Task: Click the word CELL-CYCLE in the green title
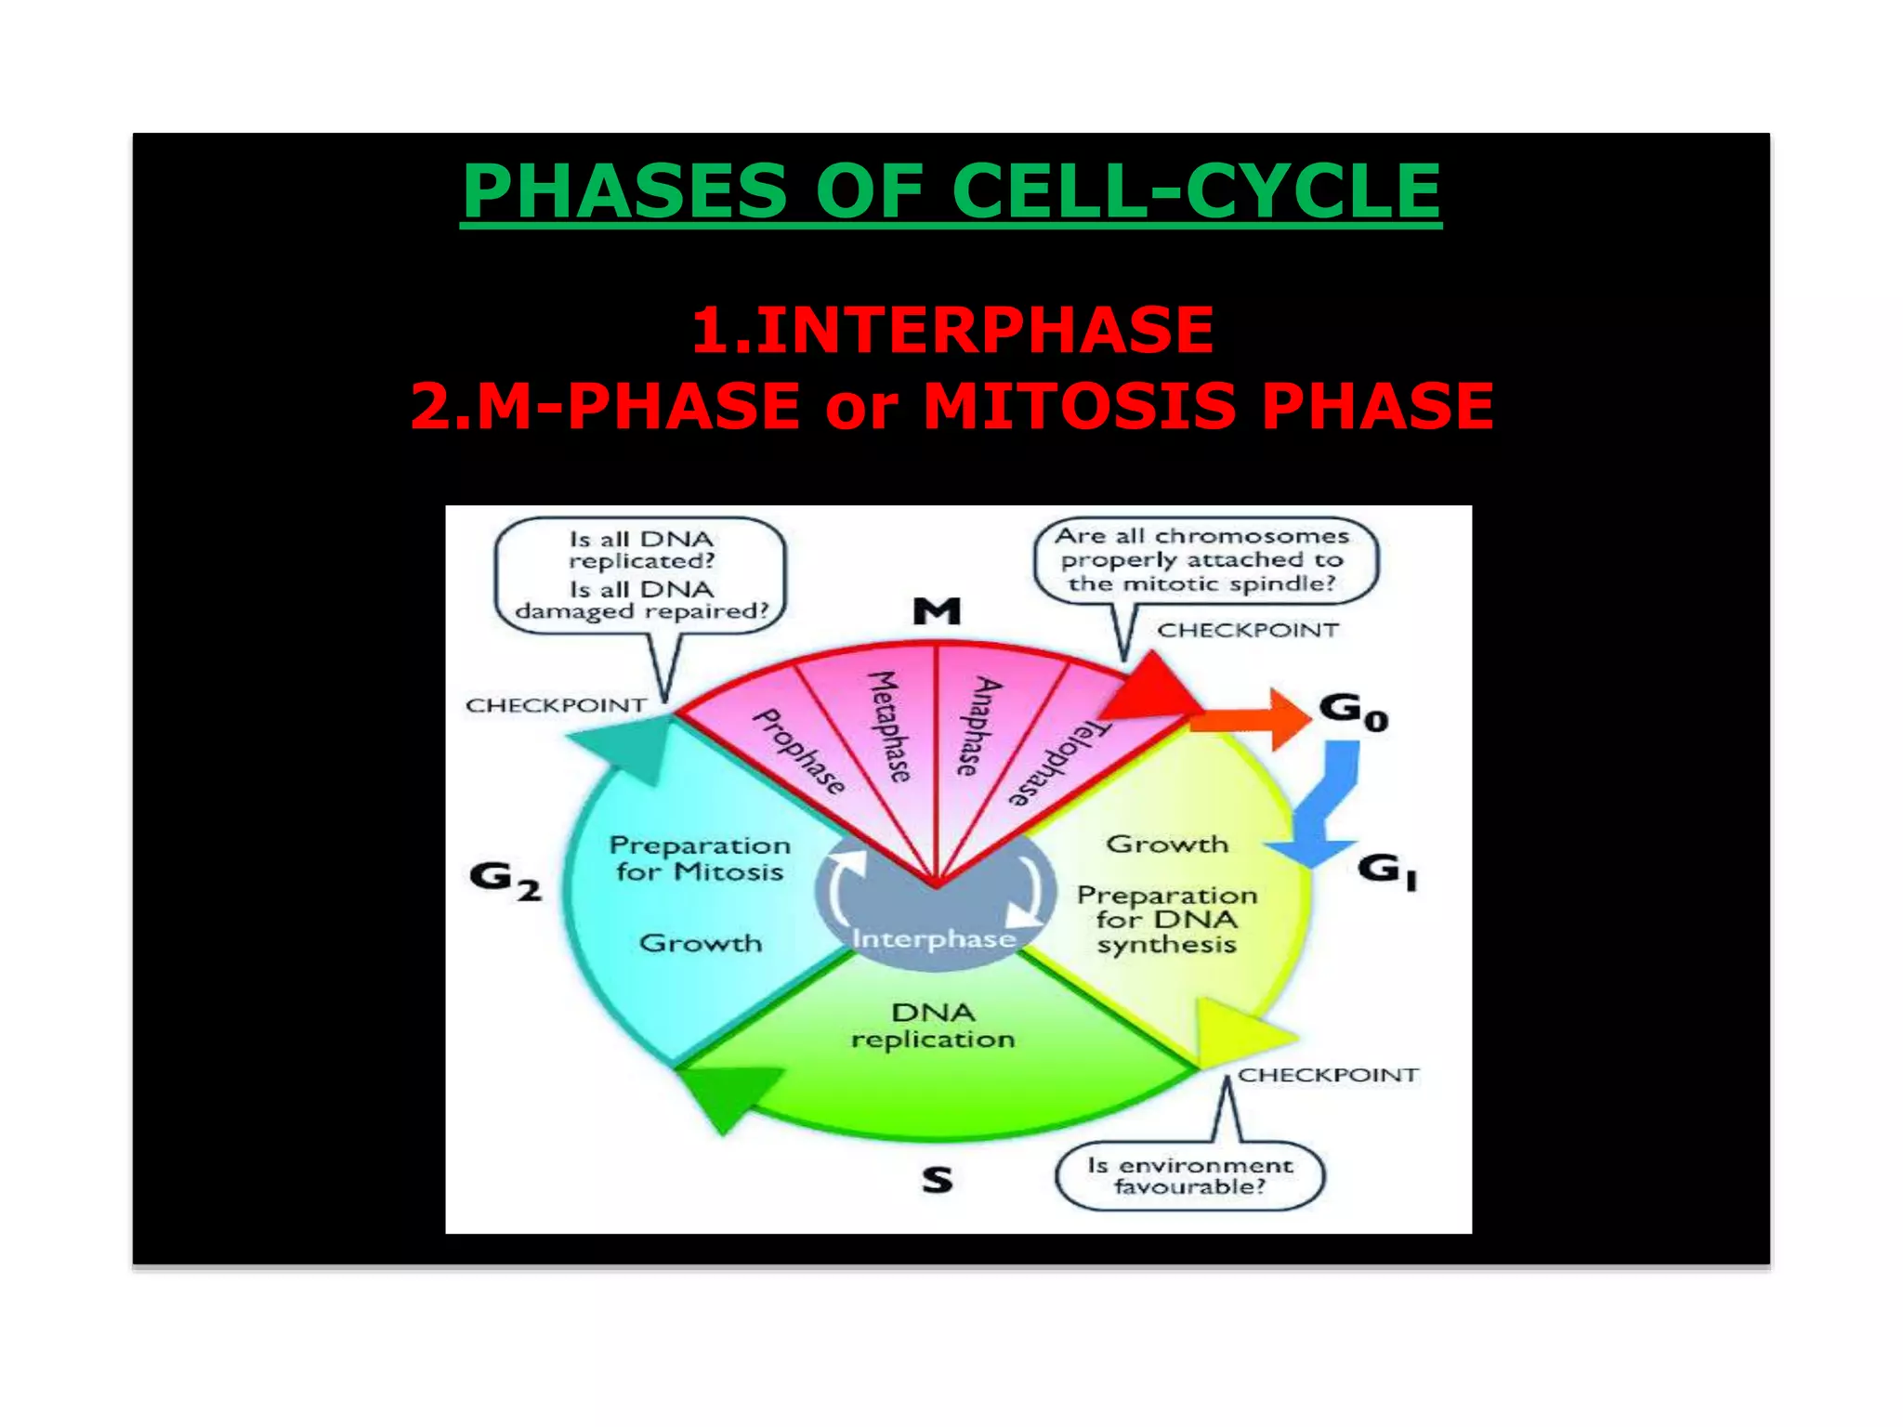click(1196, 190)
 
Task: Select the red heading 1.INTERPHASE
click(952, 330)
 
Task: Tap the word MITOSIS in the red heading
click(1078, 406)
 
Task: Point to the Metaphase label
click(888, 727)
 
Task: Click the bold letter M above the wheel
click(937, 611)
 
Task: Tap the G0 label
click(1354, 712)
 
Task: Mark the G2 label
click(505, 880)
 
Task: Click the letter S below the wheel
click(937, 1180)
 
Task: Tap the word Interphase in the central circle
click(934, 939)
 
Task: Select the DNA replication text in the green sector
click(933, 1026)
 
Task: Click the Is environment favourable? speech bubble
click(1190, 1176)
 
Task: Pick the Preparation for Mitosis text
click(700, 858)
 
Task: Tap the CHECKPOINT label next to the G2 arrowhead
click(556, 705)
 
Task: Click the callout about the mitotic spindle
click(1205, 560)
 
